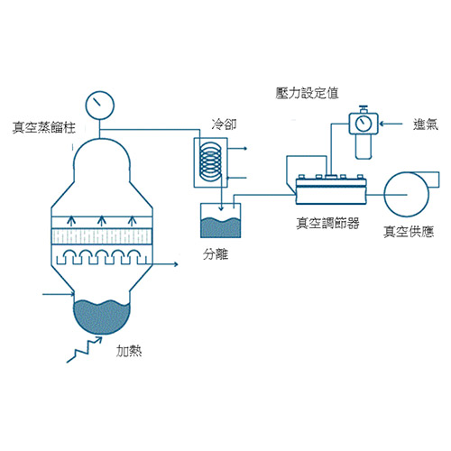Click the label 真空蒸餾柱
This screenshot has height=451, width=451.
[44, 127]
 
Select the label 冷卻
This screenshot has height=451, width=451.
[224, 124]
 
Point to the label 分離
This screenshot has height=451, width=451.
[216, 254]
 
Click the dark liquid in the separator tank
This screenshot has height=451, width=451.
[220, 227]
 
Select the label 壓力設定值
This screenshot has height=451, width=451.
[307, 93]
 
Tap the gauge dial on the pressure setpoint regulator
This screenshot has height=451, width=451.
[364, 124]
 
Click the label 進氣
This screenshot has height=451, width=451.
[426, 124]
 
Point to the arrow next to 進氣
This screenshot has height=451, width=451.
[391, 124]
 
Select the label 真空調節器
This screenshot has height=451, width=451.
[327, 223]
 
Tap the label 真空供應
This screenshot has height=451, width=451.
[409, 232]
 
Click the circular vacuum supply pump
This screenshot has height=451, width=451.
[407, 195]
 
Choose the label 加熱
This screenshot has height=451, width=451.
[129, 351]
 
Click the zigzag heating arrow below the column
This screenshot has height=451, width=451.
[85, 350]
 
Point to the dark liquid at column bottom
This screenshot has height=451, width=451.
[102, 317]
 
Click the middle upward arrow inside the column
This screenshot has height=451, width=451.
[102, 221]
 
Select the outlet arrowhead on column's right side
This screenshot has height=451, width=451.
[175, 264]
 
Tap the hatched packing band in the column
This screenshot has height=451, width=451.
[102, 236]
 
